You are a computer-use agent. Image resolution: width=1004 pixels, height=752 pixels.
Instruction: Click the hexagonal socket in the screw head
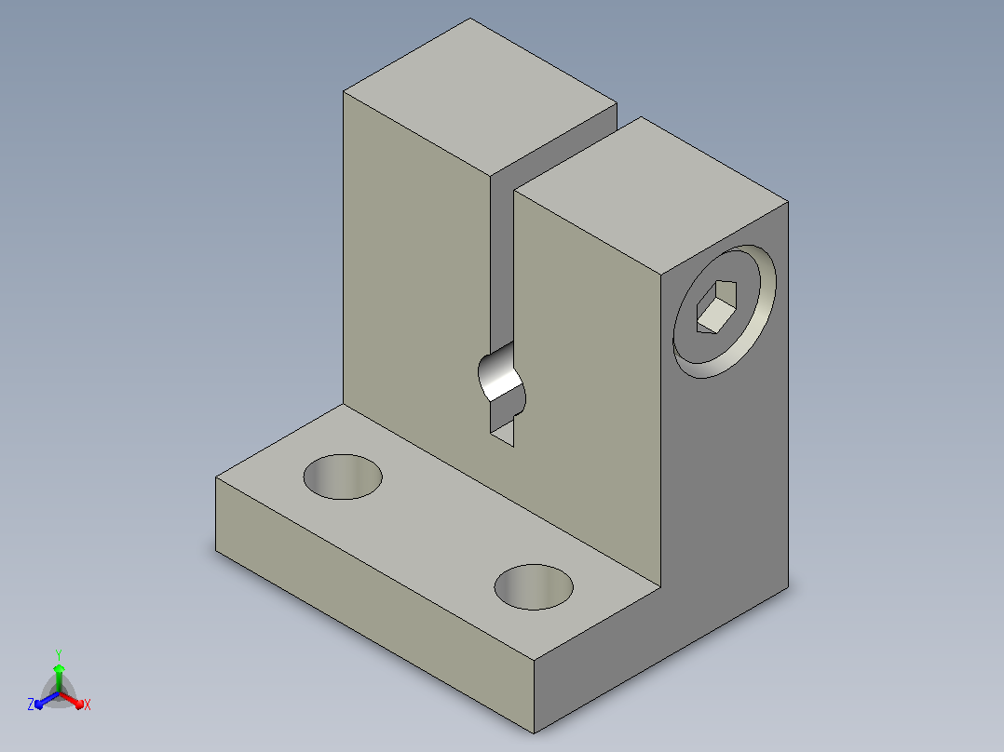point(716,306)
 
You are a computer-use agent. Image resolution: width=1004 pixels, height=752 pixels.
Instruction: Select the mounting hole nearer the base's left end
point(343,477)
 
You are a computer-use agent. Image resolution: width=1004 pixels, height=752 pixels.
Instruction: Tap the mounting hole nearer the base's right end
point(534,587)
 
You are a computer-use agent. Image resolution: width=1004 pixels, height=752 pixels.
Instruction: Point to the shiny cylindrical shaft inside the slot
point(502,373)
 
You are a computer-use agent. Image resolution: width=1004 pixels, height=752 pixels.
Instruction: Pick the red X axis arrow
point(72,700)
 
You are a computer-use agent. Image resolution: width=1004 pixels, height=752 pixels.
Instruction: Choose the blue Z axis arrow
point(47,700)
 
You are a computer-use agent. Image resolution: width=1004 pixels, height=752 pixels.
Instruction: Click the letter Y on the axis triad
point(59,654)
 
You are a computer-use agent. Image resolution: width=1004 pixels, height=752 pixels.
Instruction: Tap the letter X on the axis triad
point(88,705)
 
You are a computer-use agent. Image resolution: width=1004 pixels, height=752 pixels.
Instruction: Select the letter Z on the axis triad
point(31,704)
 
